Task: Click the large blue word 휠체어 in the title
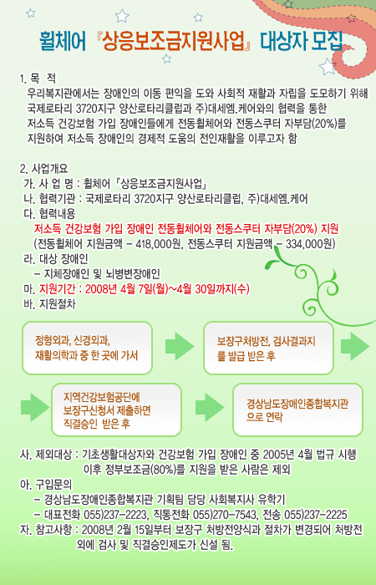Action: click(63, 42)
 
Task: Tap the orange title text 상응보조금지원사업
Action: click(174, 42)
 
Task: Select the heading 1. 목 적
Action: click(38, 79)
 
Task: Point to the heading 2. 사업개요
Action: click(44, 169)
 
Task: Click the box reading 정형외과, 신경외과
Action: click(87, 348)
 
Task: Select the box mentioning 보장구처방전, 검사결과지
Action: click(268, 348)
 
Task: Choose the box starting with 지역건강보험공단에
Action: click(117, 409)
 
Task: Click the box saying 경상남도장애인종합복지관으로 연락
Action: click(297, 409)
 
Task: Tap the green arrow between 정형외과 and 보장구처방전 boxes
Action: click(180, 347)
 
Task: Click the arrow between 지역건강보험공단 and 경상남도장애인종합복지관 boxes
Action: click(210, 408)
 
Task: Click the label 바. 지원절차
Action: click(49, 304)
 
